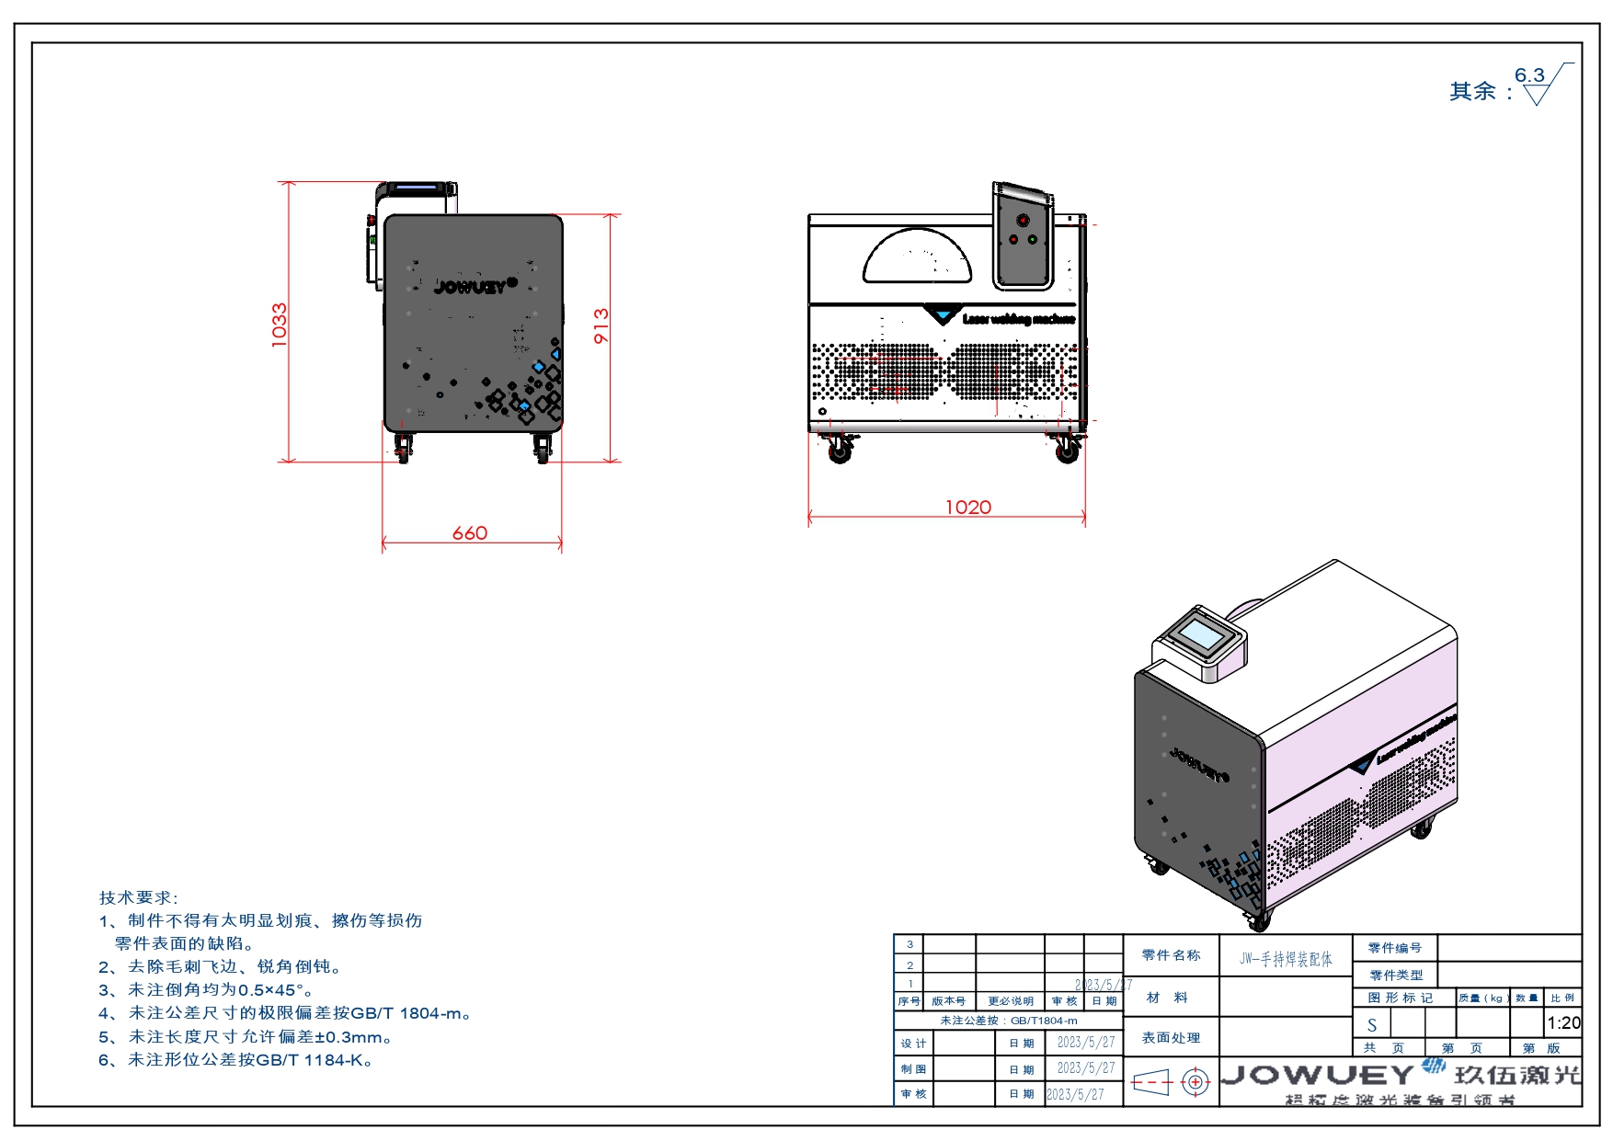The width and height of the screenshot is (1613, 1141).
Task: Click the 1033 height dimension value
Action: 280,325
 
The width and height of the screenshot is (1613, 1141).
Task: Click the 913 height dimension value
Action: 601,325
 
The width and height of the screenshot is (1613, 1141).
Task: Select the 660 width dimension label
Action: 469,533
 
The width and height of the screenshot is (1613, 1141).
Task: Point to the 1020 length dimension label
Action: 968,508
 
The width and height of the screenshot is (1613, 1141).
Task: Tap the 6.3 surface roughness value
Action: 1529,75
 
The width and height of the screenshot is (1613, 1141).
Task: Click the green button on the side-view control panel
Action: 1033,240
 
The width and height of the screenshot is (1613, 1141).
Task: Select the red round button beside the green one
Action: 1013,240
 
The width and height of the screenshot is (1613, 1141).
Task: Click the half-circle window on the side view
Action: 917,258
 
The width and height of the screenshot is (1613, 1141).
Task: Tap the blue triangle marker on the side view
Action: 943,316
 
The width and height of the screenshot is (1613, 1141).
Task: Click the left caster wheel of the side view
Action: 839,451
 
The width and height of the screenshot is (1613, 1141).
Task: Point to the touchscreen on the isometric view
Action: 1201,634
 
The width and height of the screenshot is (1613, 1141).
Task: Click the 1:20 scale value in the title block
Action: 1563,1022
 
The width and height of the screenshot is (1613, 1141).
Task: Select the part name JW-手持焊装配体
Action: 1286,959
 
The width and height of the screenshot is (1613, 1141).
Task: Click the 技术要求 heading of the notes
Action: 138,897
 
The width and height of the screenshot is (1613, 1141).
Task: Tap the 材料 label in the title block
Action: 1168,998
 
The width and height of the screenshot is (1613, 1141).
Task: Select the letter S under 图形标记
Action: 1372,1025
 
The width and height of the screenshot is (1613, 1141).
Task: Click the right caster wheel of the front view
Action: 543,450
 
